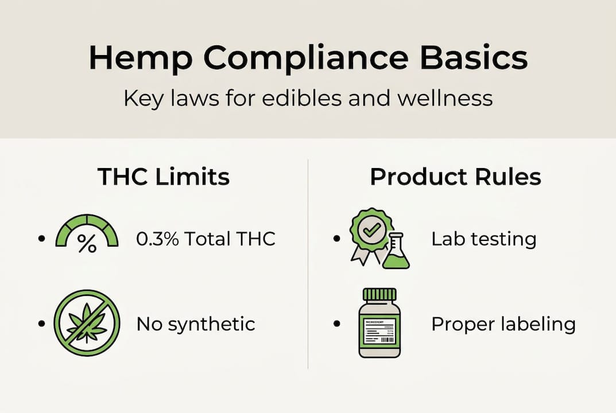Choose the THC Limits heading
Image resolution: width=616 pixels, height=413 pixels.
(x=164, y=177)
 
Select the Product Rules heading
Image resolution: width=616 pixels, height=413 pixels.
(x=455, y=177)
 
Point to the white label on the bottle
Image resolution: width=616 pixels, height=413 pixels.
(x=379, y=330)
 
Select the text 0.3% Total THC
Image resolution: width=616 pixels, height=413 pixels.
(x=206, y=239)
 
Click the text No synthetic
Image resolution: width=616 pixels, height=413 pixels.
(x=195, y=324)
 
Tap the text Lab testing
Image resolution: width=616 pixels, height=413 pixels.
(x=483, y=239)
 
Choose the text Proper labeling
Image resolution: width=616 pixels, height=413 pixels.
(x=503, y=324)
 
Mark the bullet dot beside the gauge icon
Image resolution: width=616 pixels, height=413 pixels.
(x=41, y=237)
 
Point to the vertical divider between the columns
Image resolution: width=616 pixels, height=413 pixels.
(x=308, y=264)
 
